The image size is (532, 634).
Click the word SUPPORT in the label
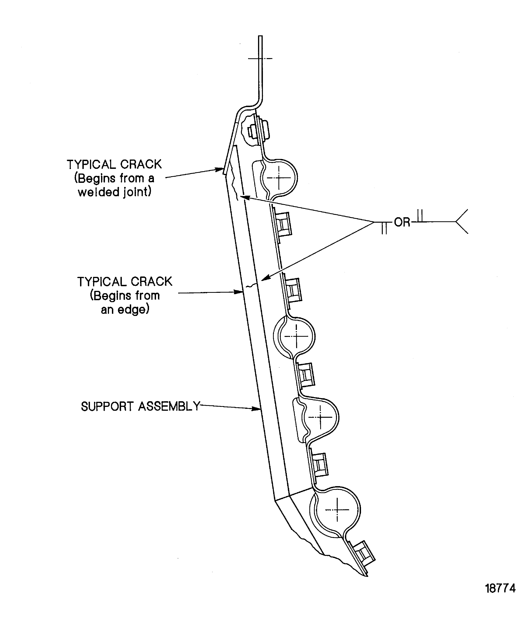(x=107, y=407)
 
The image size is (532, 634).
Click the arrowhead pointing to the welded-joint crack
(x=220, y=169)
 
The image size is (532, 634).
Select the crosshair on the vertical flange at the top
(x=260, y=58)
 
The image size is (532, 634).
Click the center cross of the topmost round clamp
(x=279, y=178)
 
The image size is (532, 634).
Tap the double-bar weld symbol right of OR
(x=420, y=216)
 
